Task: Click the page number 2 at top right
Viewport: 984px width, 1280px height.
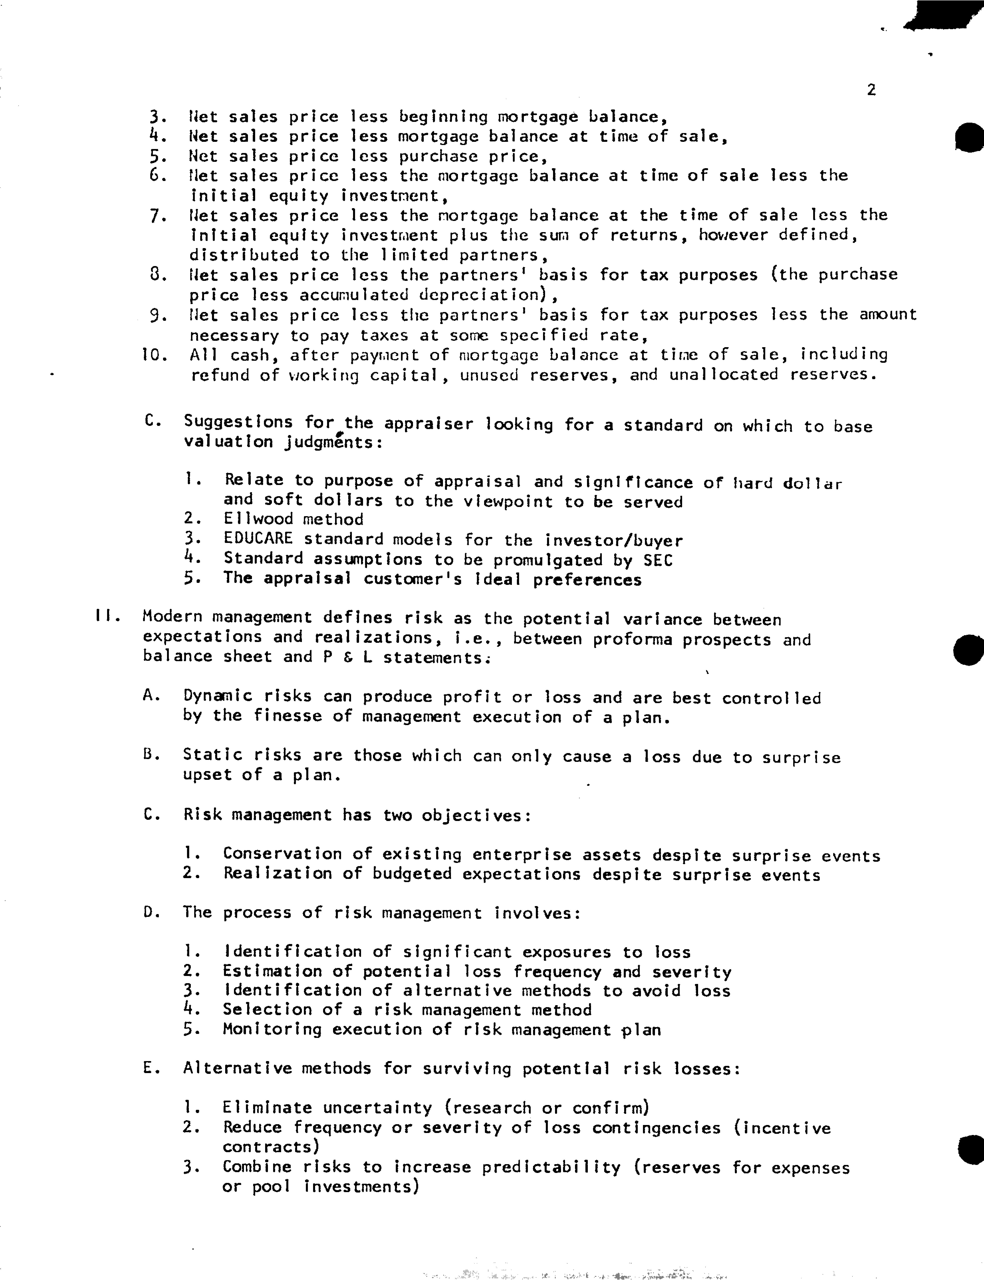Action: point(871,90)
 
